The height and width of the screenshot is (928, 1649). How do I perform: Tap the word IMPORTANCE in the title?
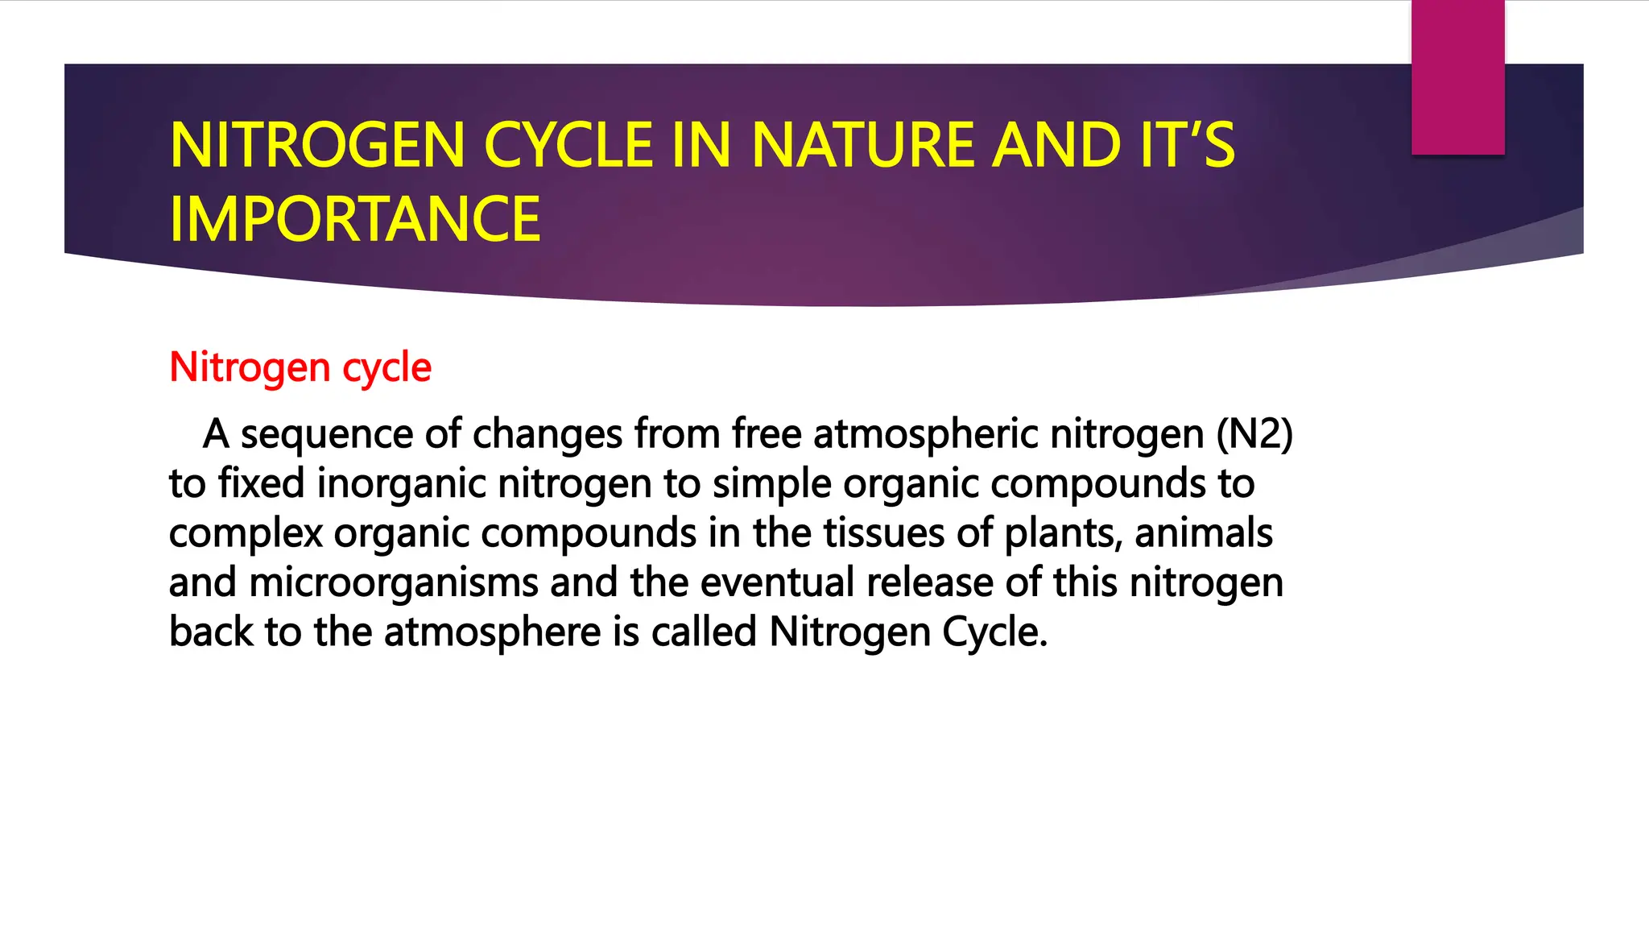coord(355,219)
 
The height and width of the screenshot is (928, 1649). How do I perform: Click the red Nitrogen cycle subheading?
coord(300,367)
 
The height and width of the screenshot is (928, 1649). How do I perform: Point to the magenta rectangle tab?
coord(1457,77)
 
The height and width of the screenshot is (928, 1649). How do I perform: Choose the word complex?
coord(246,533)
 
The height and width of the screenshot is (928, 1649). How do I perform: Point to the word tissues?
coord(883,533)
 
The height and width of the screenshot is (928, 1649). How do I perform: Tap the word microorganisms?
coord(394,583)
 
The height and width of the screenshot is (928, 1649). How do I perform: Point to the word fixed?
coord(262,484)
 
